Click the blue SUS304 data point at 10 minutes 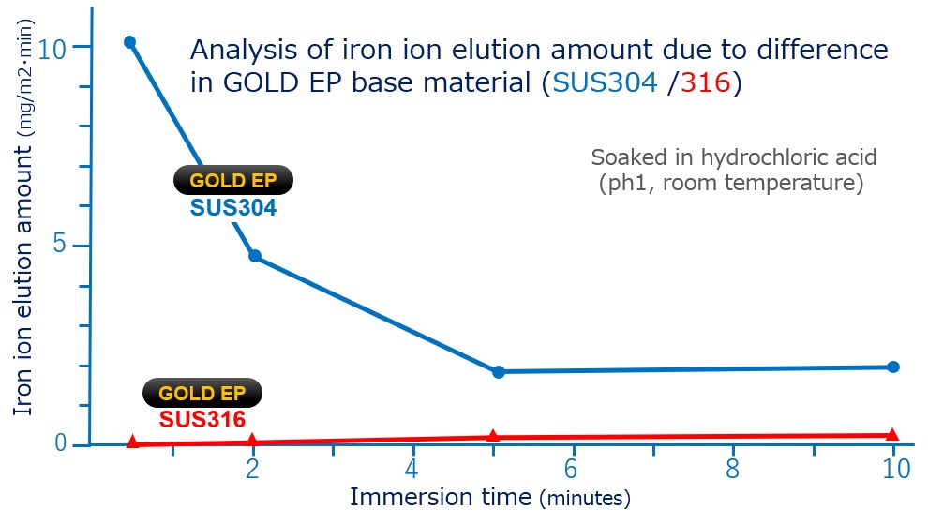(893, 367)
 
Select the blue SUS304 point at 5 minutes (499, 372)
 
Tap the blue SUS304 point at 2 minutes (254, 256)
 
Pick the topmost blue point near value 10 (129, 42)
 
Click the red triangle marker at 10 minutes (891, 435)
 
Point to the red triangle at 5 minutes (493, 436)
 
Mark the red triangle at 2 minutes (252, 440)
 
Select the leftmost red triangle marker (132, 442)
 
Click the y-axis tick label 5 (60, 244)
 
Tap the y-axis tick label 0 (60, 442)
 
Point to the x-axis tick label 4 (412, 469)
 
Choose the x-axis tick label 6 (570, 469)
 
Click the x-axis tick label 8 (732, 469)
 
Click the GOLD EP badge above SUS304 (233, 180)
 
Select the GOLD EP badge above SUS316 (202, 393)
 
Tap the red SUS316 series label (202, 419)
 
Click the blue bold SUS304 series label (233, 208)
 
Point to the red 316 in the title (705, 82)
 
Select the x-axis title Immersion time (441, 496)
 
